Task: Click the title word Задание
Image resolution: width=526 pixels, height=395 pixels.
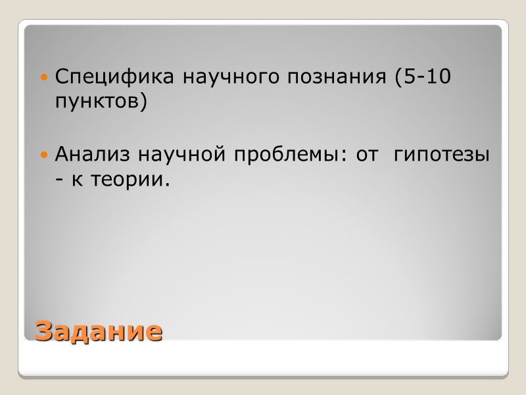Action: point(98,330)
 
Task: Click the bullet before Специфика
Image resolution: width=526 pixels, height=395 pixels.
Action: point(45,78)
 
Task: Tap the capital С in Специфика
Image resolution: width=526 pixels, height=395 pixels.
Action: point(61,78)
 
